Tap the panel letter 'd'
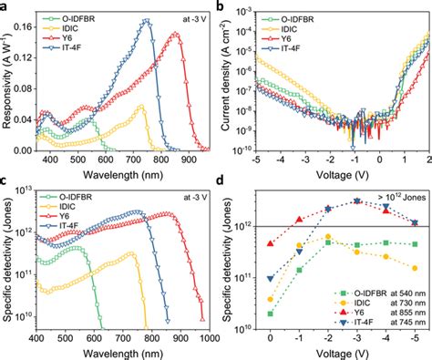[224, 185]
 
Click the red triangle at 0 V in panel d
[271, 243]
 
